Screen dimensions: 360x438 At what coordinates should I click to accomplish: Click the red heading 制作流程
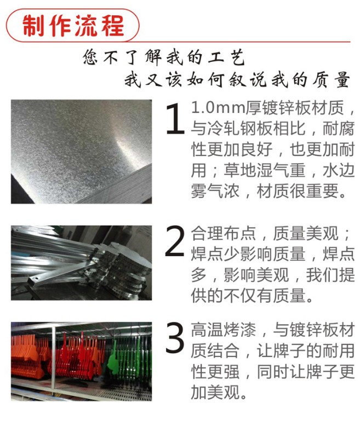point(73,25)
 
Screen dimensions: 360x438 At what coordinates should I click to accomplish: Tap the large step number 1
point(175,118)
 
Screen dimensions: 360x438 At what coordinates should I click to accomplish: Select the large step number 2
point(175,241)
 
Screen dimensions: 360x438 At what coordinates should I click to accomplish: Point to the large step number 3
point(175,337)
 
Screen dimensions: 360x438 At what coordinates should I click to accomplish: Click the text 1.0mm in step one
point(218,108)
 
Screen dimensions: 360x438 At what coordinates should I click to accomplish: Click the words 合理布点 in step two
point(224,234)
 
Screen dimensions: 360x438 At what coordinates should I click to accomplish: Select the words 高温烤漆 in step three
point(224,330)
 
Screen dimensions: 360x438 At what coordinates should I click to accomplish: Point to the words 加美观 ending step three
point(215,392)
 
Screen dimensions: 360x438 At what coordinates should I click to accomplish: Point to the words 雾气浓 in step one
point(215,191)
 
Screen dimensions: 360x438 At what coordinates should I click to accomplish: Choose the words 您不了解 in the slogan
point(122,57)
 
